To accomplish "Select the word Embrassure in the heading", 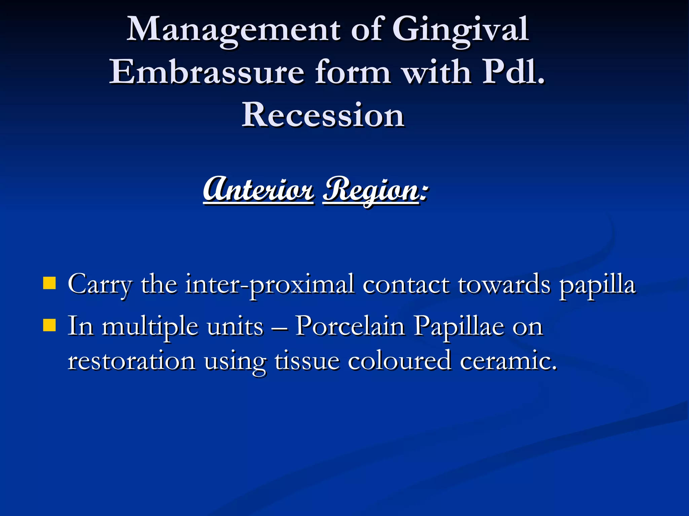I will [x=207, y=72].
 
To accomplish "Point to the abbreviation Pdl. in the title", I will [x=513, y=72].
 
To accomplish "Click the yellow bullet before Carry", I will [x=49, y=283].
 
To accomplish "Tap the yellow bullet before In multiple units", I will [x=49, y=325].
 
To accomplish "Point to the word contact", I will [x=406, y=284].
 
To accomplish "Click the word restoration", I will [x=132, y=361].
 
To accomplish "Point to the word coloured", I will [x=399, y=361].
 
